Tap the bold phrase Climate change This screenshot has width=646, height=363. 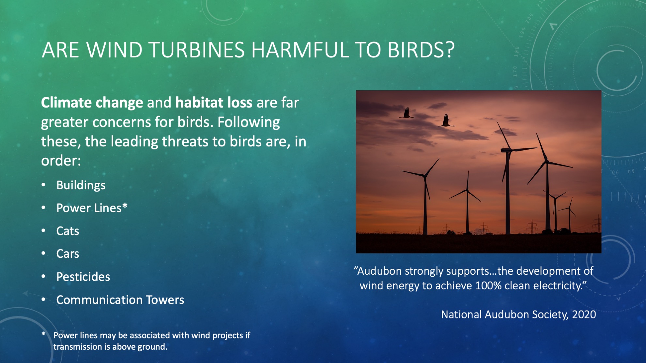tap(92, 103)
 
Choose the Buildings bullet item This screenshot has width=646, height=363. tap(81, 185)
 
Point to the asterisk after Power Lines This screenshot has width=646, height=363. tap(125, 206)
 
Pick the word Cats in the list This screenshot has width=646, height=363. tap(68, 231)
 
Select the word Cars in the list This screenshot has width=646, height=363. tap(68, 254)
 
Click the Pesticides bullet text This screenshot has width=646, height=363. tap(83, 277)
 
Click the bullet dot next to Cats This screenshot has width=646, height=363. tap(44, 231)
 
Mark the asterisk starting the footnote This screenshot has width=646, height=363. tap(43, 334)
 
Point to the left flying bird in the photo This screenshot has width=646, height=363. tap(407, 113)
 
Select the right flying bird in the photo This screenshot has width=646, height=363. tap(446, 121)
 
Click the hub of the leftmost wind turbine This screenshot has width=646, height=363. tap(424, 176)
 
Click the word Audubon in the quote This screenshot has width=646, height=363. tap(380, 271)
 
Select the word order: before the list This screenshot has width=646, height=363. tap(61, 161)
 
